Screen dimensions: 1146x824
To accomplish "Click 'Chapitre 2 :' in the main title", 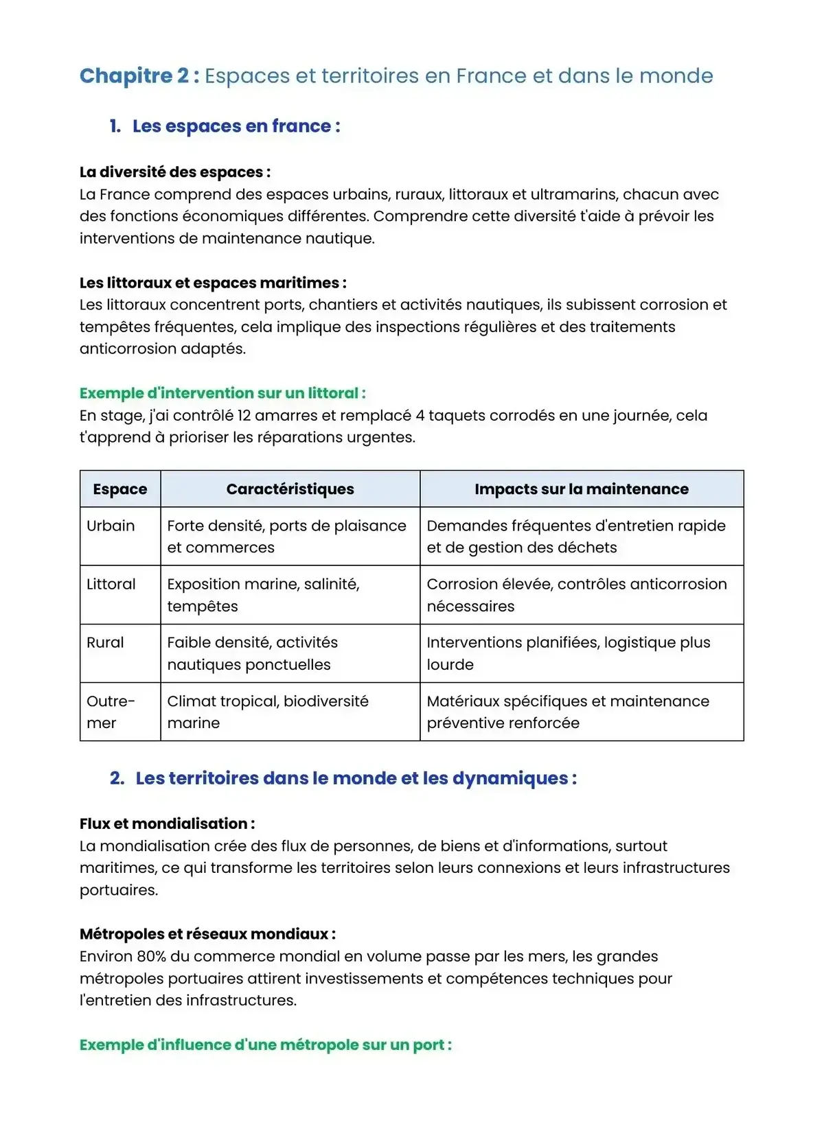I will pos(139,75).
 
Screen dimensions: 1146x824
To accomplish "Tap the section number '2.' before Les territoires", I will pos(117,778).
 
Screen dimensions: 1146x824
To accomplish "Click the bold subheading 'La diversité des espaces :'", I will pos(174,172).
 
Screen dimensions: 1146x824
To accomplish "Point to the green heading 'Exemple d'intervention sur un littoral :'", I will pos(222,393).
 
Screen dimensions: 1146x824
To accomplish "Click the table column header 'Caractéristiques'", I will pos(290,489).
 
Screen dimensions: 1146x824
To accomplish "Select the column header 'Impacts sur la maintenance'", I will pos(581,489).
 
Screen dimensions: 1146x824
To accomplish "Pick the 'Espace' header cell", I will pos(120,489).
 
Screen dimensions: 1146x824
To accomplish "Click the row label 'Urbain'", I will pos(111,526).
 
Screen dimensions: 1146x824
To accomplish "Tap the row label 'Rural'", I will pos(105,642).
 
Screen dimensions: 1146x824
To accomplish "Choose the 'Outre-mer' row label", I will pos(110,712).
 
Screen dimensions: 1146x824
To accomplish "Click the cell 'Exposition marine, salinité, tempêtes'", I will pos(263,594).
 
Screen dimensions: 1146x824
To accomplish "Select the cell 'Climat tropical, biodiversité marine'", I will pos(268,712).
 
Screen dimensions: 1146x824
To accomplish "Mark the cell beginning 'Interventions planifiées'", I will pos(568,653).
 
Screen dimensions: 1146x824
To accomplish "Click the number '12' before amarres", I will pos(245,415).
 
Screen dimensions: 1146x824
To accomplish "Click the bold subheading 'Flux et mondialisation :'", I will pos(167,823).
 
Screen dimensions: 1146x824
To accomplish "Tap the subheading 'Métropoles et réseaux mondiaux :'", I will pos(207,934).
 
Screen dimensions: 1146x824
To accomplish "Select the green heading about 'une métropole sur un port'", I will pos(265,1045).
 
